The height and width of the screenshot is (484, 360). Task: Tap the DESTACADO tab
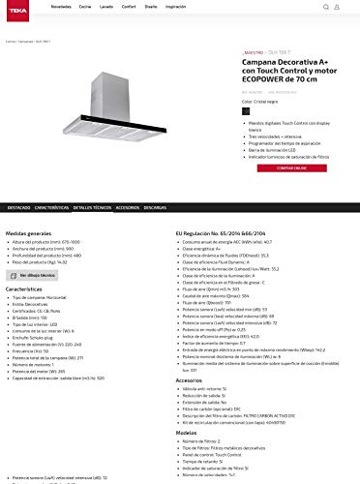[18, 208]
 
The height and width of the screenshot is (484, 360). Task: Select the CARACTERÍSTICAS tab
[52, 208]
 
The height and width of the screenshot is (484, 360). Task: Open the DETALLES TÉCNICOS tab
[91, 208]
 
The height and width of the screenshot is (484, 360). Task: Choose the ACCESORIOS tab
[127, 208]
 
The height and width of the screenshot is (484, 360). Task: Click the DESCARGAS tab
[156, 208]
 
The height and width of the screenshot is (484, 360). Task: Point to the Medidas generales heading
[29, 233]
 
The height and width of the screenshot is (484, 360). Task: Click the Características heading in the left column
[24, 288]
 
